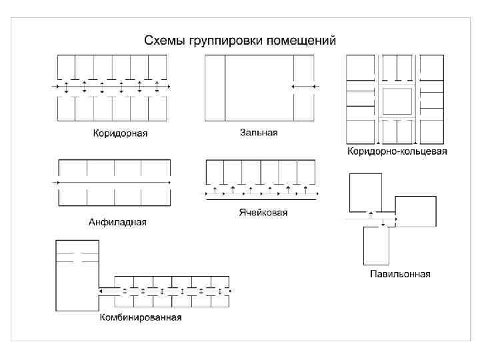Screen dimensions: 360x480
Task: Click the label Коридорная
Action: (120, 133)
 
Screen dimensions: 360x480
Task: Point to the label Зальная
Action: (259, 133)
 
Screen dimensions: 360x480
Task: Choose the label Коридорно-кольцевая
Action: (397, 151)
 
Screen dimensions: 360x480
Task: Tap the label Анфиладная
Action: (117, 222)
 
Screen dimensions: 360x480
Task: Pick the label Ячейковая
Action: (263, 213)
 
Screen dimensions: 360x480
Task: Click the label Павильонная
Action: (400, 274)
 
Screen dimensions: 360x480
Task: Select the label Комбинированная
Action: (141, 317)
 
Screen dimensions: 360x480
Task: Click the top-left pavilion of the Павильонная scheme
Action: (366, 191)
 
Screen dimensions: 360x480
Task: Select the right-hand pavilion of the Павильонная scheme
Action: (416, 211)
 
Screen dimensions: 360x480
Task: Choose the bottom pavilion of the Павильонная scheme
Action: (376, 245)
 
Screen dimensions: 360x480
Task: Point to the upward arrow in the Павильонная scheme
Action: (371, 215)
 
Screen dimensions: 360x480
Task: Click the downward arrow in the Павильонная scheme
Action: (383, 223)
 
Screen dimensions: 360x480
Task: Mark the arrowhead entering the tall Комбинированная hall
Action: (100, 291)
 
